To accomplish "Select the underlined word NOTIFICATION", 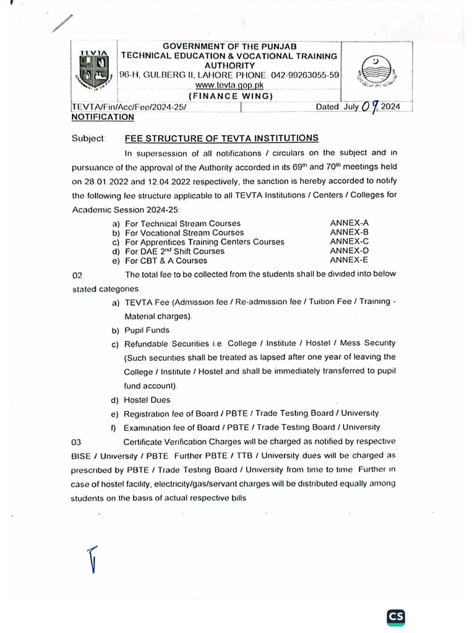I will [103, 117].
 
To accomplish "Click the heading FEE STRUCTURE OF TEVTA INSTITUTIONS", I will [221, 138].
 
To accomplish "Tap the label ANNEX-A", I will [349, 223].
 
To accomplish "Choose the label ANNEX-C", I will [349, 241].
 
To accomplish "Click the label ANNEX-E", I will [349, 260].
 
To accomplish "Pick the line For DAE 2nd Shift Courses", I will [174, 252].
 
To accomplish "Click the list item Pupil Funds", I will [147, 330].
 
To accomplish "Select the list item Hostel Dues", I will [147, 400].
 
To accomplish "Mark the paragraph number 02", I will [77, 274].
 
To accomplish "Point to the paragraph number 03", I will [77, 443].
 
